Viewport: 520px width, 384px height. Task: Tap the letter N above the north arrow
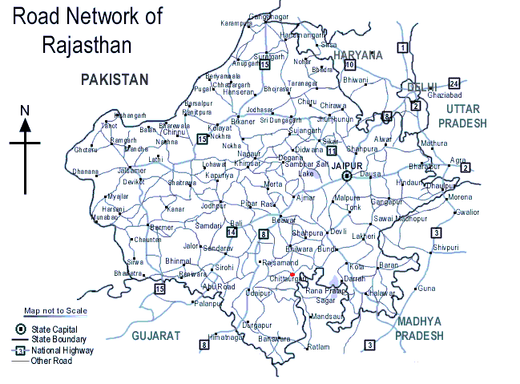25,111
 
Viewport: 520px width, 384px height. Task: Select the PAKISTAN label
115,79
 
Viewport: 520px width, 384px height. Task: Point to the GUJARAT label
158,335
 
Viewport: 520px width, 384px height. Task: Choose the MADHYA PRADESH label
418,329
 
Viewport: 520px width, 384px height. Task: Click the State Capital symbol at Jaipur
346,176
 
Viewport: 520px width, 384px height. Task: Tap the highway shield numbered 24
454,83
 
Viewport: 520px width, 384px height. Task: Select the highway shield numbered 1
403,48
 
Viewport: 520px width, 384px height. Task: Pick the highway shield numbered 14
232,232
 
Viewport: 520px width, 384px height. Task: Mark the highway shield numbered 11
332,150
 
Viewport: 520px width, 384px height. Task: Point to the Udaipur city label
258,293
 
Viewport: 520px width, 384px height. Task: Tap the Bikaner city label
242,121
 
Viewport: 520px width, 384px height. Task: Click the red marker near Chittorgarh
293,274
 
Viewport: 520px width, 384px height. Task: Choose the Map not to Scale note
54,310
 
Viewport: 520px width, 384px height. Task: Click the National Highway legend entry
62,350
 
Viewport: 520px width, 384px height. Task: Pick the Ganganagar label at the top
268,16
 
